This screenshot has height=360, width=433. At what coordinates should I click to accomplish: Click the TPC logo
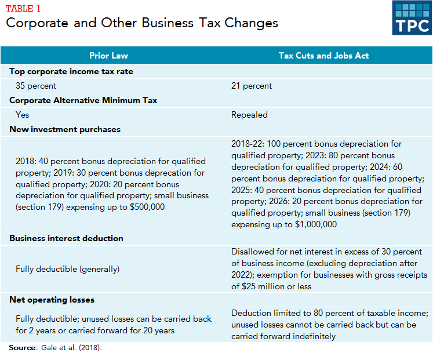coord(412,18)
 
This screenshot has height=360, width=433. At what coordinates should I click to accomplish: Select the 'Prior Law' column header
coord(108,56)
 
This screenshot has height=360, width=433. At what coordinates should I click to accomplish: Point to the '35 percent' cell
coord(36,86)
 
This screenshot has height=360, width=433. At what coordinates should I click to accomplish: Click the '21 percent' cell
coord(252,86)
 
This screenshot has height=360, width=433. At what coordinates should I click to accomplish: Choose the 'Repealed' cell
coord(249,115)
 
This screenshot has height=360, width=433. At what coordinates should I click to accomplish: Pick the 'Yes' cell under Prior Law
coord(23,115)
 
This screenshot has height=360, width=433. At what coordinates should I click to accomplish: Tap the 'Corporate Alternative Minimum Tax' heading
coord(83,100)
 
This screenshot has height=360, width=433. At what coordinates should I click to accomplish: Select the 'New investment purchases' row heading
coord(65,129)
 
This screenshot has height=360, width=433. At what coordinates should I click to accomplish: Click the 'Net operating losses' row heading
coord(52,300)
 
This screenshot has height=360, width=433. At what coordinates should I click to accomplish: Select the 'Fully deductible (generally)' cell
coord(67,269)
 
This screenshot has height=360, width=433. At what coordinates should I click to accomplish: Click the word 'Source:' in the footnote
coord(23,348)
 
